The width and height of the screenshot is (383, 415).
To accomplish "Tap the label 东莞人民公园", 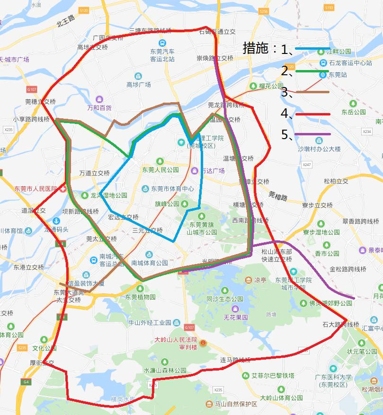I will coord(160,169).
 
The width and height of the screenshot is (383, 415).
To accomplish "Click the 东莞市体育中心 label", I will coord(172,188).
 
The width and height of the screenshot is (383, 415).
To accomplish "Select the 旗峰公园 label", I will coord(167,204).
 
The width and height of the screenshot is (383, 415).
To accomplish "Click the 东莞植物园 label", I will coord(140,297).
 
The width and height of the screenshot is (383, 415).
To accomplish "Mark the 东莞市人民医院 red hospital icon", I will coord(63,188).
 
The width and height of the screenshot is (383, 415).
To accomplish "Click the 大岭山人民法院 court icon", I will coord(203,343).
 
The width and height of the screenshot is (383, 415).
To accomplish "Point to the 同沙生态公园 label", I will coord(225,299).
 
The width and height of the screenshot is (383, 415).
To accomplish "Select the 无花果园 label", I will coord(236,317).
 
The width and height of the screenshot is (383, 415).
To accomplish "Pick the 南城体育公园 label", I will coord(150,263).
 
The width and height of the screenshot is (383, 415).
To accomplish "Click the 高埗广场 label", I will coord(139,84).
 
